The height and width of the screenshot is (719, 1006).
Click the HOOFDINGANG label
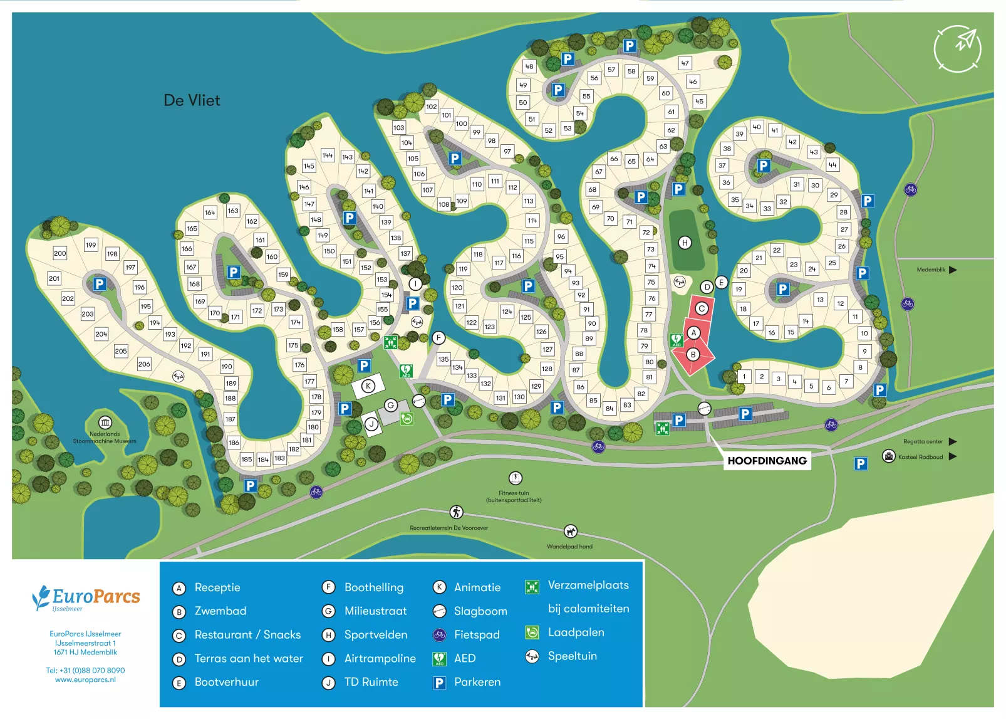[767, 461]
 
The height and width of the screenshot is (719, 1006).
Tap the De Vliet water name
[192, 100]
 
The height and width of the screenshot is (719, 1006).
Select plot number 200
[60, 253]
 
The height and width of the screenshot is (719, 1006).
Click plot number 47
[685, 63]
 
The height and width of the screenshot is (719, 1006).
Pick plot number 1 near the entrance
[744, 377]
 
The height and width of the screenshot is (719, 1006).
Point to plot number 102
[432, 107]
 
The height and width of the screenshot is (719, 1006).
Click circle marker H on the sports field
[685, 243]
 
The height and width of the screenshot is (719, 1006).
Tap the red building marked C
[702, 308]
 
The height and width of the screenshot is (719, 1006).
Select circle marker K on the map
[368, 386]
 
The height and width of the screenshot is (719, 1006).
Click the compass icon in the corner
[957, 48]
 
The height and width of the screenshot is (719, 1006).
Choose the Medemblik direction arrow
[953, 270]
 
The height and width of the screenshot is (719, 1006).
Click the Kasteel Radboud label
[920, 457]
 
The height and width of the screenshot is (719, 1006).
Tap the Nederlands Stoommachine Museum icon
[105, 422]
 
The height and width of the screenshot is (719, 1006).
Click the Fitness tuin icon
[515, 478]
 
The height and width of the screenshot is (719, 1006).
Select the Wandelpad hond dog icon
[570, 532]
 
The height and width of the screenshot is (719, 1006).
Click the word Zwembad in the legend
[220, 611]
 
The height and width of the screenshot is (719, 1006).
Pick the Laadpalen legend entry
[576, 632]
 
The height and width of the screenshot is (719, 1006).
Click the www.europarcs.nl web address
[85, 680]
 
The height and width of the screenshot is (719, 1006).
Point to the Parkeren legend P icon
[440, 683]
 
